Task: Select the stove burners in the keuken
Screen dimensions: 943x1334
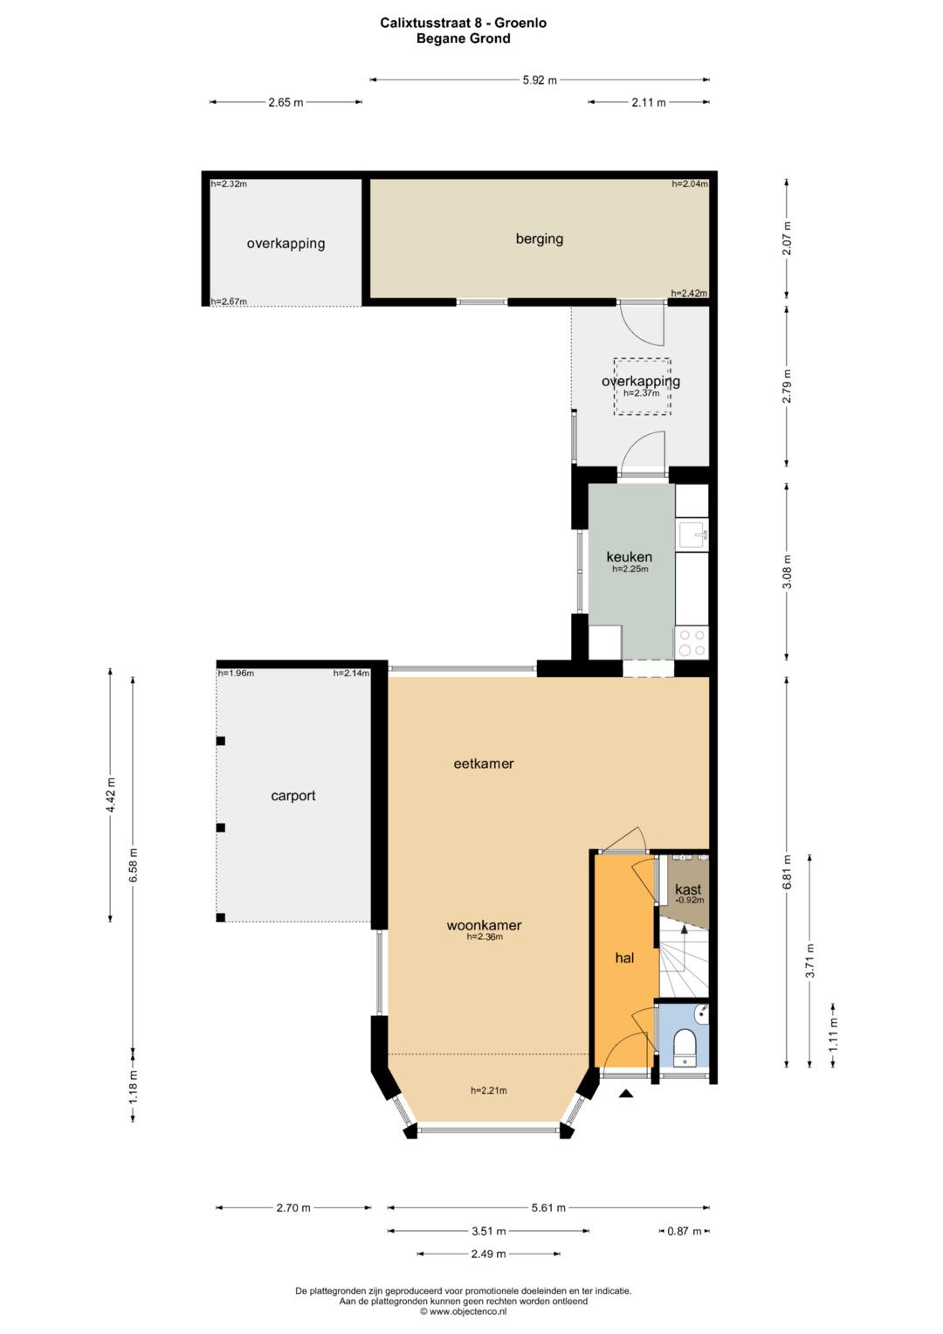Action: coord(692,642)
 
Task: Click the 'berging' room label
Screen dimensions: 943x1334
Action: coord(540,238)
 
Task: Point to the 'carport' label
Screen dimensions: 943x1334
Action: coord(293,796)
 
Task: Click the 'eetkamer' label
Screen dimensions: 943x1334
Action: coord(484,763)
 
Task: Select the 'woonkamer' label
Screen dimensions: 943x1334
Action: coord(484,925)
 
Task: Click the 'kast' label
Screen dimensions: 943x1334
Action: coord(688,889)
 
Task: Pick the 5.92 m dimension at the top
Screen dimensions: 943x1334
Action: coord(540,79)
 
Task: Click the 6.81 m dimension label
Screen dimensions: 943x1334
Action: coord(788,872)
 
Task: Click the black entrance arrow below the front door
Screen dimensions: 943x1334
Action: coord(625,1094)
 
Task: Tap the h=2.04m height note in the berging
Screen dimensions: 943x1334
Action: coord(690,184)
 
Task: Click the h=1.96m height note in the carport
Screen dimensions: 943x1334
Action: coord(236,674)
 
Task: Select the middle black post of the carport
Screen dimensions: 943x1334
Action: coord(221,827)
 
